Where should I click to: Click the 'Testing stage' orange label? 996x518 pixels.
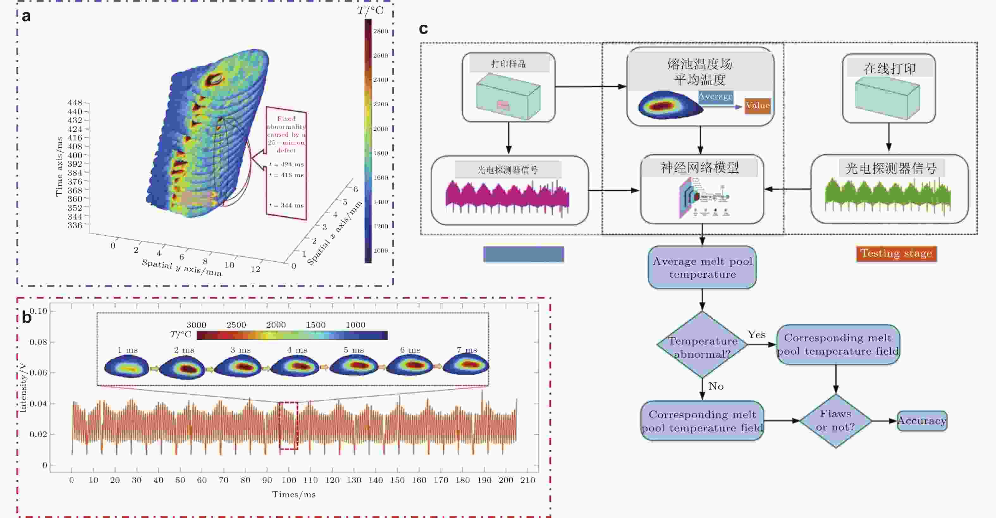tap(896, 254)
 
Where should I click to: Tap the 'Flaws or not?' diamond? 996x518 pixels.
tap(836, 421)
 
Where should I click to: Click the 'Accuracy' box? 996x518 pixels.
tap(922, 421)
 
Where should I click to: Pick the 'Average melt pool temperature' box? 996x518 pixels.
tap(702, 268)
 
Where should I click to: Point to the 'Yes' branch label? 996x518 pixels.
tap(756, 335)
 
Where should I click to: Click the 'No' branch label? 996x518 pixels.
tap(716, 386)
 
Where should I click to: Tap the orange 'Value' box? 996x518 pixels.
tap(758, 106)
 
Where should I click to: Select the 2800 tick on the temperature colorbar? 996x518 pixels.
tap(380, 31)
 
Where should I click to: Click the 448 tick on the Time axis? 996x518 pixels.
tap(75, 103)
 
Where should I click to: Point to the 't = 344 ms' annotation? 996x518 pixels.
tap(286, 206)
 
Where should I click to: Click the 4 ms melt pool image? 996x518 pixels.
tap(295, 365)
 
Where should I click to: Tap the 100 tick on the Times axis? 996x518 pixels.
tap(288, 480)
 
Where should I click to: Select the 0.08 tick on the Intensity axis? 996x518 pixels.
tap(38, 342)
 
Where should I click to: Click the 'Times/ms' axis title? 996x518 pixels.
tap(293, 494)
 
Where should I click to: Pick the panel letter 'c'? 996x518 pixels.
tap(423, 28)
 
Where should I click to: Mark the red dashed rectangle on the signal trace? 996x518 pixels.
tap(288, 426)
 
